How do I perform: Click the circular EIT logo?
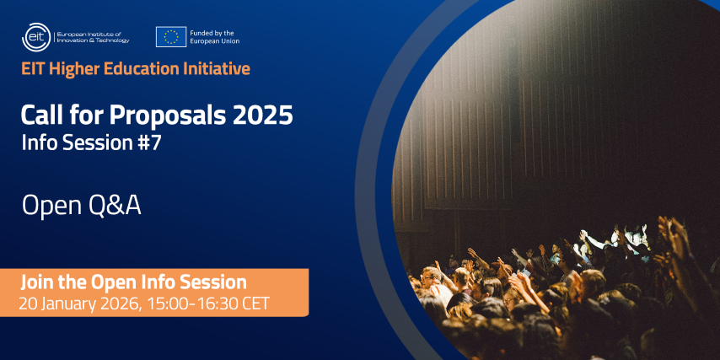pos(36,37)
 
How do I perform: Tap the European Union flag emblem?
pos(171,37)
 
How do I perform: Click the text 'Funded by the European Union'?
pos(214,37)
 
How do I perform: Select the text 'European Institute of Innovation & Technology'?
pos(93,37)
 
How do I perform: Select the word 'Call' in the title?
pos(40,115)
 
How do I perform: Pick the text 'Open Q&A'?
pos(81,206)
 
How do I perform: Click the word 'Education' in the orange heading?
pos(142,69)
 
